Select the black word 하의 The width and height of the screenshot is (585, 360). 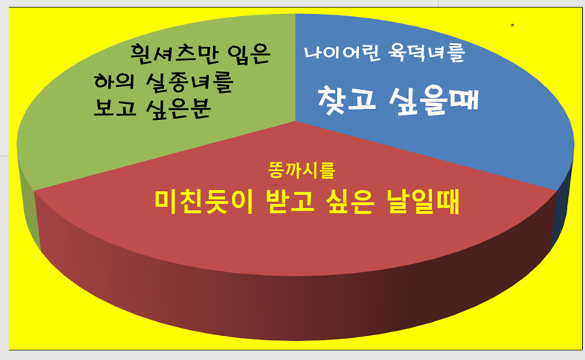[x=114, y=81]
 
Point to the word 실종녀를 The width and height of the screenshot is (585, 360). [x=189, y=82]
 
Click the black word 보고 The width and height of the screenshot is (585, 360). [x=115, y=108]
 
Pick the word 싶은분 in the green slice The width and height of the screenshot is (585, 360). [x=178, y=109]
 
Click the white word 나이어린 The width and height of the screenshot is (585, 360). [x=342, y=53]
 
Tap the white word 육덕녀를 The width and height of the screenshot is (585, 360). [x=427, y=53]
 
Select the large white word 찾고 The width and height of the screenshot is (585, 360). [x=347, y=100]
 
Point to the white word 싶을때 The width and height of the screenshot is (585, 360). [x=434, y=101]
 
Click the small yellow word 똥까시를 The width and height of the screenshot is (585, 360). [x=301, y=170]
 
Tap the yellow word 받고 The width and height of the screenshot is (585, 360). [x=290, y=201]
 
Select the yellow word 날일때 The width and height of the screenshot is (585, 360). [x=423, y=202]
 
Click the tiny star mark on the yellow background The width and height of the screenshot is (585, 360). [x=513, y=26]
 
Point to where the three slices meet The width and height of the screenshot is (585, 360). [x=295, y=121]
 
